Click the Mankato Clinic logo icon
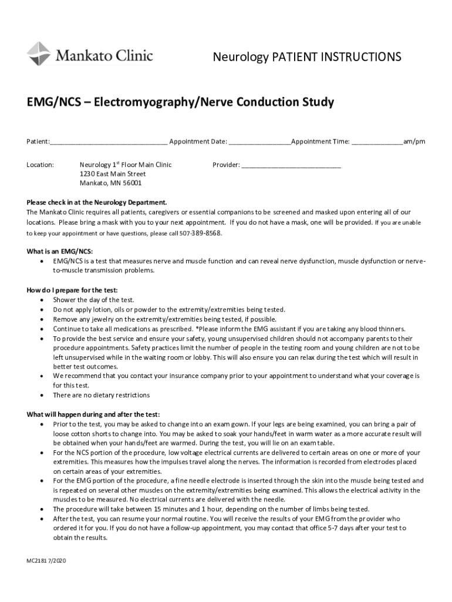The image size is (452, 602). tap(38, 54)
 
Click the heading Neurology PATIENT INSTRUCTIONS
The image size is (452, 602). tap(306, 57)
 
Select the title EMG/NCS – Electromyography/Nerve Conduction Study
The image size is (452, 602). tap(180, 103)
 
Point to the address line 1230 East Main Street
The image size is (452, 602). tap(112, 174)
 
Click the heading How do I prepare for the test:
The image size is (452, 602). tap(72, 290)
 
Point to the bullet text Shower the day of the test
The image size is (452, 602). tap(93, 300)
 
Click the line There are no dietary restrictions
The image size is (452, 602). tap(101, 395)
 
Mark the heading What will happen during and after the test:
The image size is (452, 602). tap(93, 414)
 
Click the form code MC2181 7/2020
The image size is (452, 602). tap(46, 561)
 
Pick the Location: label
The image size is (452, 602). tap(41, 165)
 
